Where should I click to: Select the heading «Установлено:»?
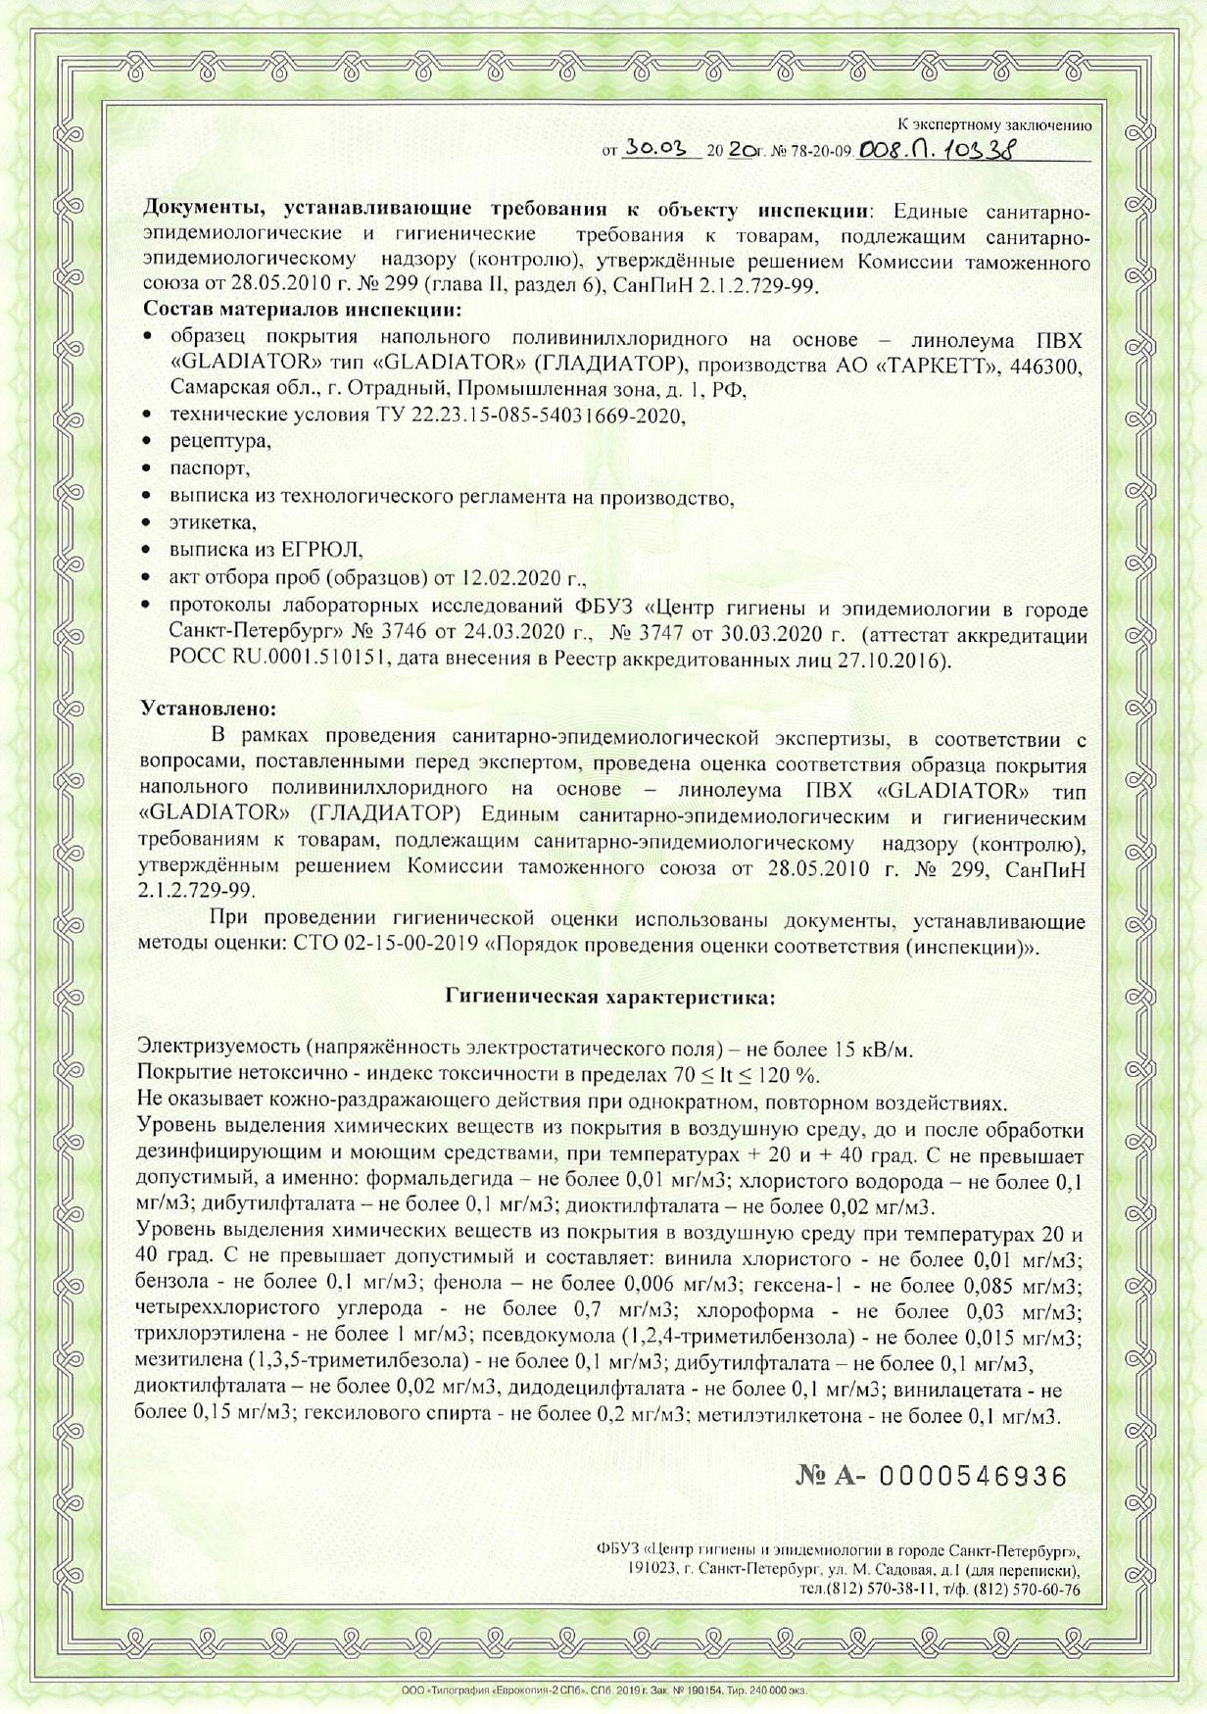click(x=209, y=707)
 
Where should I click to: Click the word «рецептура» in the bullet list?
click(x=220, y=441)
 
